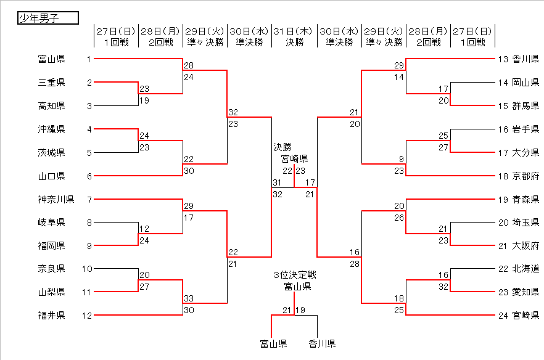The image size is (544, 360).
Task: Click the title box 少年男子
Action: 48,18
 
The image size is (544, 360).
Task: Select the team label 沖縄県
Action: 51,129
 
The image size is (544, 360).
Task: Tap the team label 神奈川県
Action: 56,199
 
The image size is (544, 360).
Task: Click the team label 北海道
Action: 525,269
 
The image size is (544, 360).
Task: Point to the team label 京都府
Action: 525,176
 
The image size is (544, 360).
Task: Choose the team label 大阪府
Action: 525,246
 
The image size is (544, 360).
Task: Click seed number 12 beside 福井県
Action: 86,316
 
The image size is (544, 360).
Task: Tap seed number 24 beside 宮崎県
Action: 502,316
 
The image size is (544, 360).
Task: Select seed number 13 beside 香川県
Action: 502,59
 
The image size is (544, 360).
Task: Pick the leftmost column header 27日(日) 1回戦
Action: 116,36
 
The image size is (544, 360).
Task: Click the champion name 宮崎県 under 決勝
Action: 295,158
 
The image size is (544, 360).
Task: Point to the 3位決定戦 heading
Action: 295,275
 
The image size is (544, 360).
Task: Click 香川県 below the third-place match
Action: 322,343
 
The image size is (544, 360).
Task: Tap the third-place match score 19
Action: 300,309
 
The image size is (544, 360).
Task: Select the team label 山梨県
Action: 51,293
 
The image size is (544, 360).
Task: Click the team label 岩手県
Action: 525,129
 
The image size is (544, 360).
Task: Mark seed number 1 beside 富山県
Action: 89,59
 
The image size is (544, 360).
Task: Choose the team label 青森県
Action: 525,199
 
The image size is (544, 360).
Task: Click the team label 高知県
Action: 51,106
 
